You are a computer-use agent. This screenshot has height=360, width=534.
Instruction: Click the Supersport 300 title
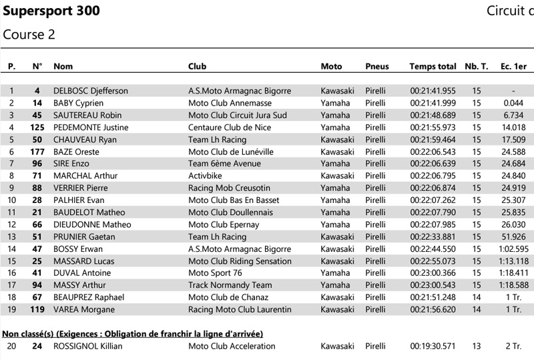point(51,11)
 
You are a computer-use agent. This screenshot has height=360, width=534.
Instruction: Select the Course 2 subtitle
point(29,34)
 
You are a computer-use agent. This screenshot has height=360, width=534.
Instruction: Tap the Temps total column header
point(433,66)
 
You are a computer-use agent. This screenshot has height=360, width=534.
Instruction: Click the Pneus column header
point(377,66)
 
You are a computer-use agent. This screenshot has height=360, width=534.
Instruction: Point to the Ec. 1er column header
point(513,66)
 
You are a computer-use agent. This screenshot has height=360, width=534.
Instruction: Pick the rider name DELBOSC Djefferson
point(90,91)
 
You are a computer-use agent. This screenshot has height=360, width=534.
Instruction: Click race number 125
point(37,128)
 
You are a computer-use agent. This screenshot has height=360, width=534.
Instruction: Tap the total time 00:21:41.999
point(433,103)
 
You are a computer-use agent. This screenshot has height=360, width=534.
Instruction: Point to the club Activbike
point(206,176)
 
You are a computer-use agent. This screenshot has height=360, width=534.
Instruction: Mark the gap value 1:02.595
point(513,249)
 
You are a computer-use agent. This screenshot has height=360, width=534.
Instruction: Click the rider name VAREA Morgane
point(84,310)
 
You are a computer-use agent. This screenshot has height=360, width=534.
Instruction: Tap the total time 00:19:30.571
point(433,346)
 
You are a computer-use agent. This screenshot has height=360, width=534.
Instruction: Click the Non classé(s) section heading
point(133,333)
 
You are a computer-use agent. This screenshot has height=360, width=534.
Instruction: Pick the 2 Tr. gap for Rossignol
point(513,346)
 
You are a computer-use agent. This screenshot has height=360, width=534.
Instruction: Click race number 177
point(37,152)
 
